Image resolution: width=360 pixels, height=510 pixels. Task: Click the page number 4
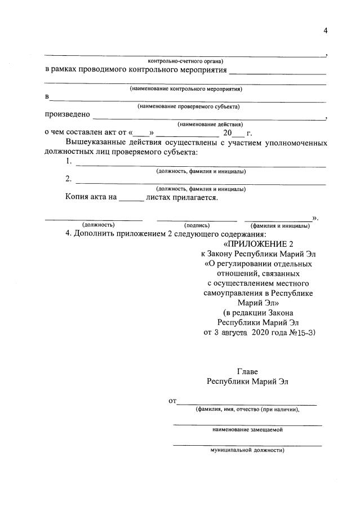325,30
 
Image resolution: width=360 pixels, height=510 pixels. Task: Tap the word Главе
248,372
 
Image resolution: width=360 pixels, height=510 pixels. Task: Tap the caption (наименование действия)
210,124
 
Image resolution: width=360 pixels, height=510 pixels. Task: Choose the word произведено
68,114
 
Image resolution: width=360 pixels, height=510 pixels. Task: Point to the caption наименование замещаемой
247,429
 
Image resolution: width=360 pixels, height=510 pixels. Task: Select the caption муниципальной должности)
247,451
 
